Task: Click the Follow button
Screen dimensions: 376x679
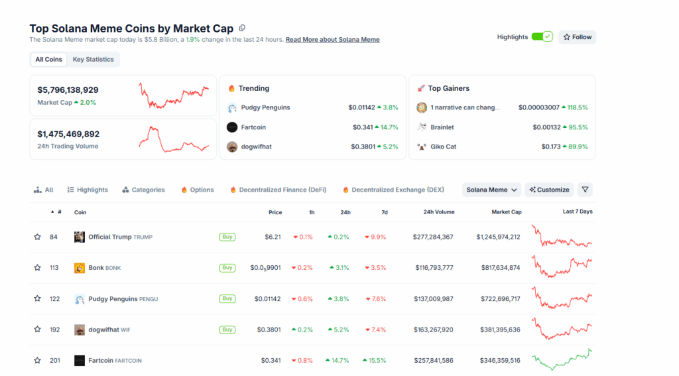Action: (577, 37)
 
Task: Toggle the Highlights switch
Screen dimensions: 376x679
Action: (542, 37)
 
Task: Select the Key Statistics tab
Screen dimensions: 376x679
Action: (93, 60)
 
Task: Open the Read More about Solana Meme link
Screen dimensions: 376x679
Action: (332, 40)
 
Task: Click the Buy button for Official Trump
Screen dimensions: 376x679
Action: (227, 237)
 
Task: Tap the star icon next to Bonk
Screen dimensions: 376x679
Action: (37, 268)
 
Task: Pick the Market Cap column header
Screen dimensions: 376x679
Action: (506, 212)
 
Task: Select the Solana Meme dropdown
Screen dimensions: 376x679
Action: (491, 190)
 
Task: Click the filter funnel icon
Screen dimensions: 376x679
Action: (585, 190)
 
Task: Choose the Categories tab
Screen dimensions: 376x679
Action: (143, 190)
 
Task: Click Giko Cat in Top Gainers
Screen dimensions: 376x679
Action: (444, 147)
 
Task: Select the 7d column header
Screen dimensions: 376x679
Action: (385, 212)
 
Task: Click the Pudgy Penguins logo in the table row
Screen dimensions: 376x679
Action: (80, 299)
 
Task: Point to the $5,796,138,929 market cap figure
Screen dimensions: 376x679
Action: (68, 90)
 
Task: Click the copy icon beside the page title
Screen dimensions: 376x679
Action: (242, 28)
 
